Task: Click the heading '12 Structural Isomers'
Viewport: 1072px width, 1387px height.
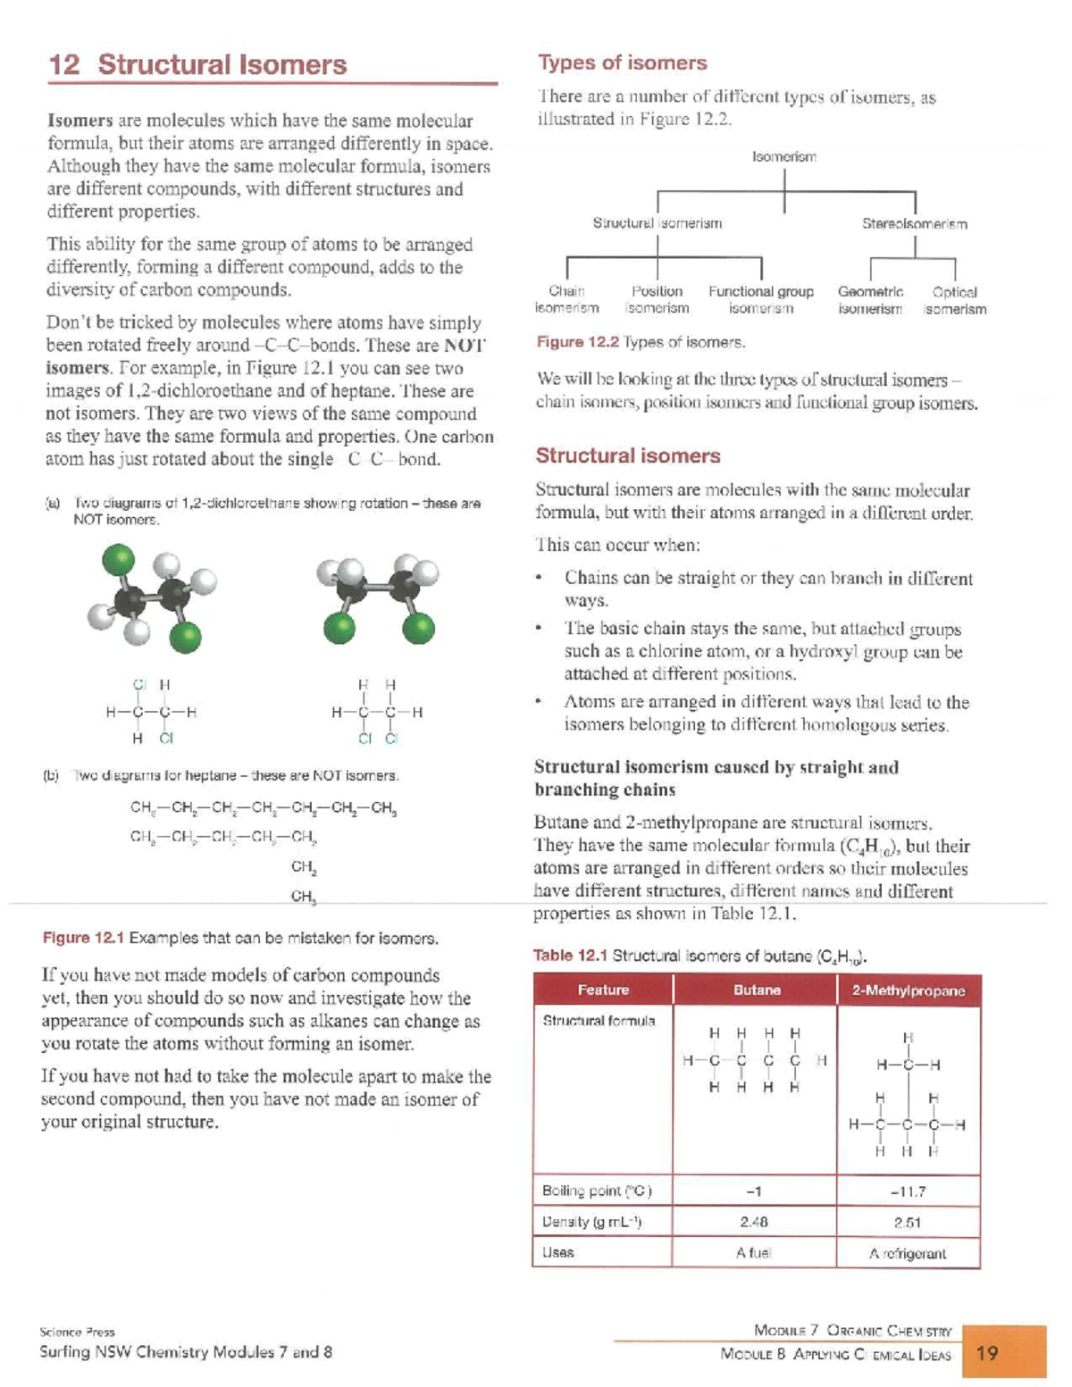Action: click(x=197, y=65)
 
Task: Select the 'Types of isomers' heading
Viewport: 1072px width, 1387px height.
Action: click(x=622, y=63)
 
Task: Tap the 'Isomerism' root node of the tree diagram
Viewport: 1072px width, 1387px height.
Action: click(x=783, y=157)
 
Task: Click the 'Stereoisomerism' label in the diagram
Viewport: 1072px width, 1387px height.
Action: click(x=914, y=224)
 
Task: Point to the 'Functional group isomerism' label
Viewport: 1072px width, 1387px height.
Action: click(x=761, y=300)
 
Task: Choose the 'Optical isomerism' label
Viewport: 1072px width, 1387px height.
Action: click(x=954, y=300)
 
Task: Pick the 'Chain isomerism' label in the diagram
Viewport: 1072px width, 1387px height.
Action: click(x=566, y=300)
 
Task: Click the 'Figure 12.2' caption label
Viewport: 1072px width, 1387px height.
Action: click(x=577, y=342)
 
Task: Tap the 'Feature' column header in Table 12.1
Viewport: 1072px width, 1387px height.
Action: click(x=603, y=990)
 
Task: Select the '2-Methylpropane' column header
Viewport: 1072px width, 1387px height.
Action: click(x=908, y=990)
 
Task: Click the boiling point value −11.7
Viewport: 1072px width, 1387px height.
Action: click(x=908, y=1191)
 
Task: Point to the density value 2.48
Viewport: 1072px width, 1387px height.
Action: click(x=754, y=1222)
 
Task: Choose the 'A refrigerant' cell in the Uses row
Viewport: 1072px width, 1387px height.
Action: click(x=908, y=1253)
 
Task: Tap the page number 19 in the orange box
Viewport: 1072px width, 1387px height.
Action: click(x=988, y=1353)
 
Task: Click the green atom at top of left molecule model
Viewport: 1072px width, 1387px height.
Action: click(x=118, y=561)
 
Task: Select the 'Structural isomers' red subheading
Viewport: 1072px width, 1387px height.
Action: click(x=627, y=455)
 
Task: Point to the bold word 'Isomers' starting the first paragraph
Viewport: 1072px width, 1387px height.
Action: click(x=80, y=121)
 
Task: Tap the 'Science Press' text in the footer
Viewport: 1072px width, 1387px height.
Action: click(x=77, y=1332)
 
